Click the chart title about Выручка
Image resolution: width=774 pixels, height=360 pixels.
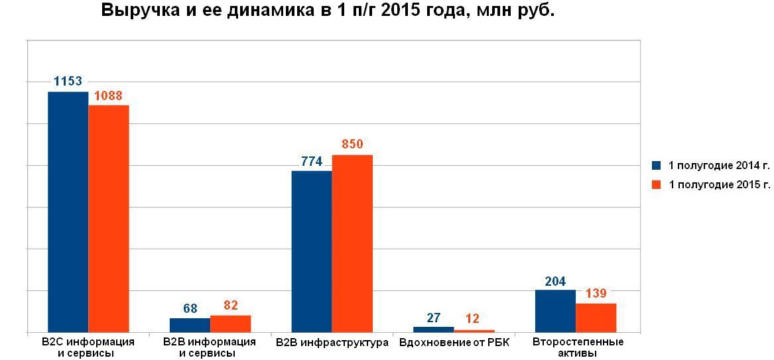click(328, 11)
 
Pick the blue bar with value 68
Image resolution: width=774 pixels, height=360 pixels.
click(190, 325)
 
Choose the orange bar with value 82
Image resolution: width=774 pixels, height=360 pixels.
click(230, 324)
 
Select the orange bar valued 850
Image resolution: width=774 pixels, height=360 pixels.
click(352, 243)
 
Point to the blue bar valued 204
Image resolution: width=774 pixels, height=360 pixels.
click(555, 310)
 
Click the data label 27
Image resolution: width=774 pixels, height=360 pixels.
click(434, 318)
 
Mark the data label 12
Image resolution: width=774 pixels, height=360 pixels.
click(472, 319)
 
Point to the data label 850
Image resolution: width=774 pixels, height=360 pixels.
click(352, 145)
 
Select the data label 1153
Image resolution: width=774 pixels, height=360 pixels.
click(68, 82)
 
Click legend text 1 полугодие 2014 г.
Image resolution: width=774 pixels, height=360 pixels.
click(719, 166)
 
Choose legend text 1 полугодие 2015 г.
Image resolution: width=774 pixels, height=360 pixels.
click(719, 185)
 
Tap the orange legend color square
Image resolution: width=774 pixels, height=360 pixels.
click(657, 185)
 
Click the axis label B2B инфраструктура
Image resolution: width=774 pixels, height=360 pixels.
click(332, 343)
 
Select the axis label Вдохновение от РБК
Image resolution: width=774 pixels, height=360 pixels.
click(454, 343)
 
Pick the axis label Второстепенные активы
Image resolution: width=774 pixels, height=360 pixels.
click(578, 347)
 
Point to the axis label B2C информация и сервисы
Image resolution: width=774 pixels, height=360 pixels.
click(88, 347)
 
